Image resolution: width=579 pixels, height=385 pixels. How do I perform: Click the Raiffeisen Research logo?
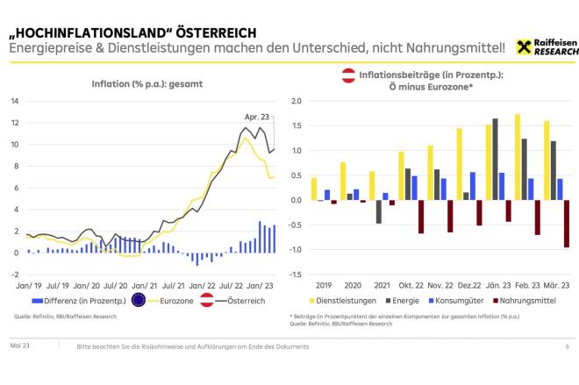pyautogui.click(x=547, y=46)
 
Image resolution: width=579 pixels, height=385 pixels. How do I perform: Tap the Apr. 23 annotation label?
pyautogui.click(x=256, y=116)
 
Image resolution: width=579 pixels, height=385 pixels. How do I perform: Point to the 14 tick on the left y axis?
pyautogui.click(x=15, y=100)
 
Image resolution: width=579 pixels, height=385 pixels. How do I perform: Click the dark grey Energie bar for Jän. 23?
pyautogui.click(x=495, y=159)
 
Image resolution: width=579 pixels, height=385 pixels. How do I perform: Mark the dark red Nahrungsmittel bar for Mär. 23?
pyautogui.click(x=568, y=224)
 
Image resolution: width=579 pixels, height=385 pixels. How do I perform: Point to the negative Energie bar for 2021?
pyautogui.click(x=379, y=211)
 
